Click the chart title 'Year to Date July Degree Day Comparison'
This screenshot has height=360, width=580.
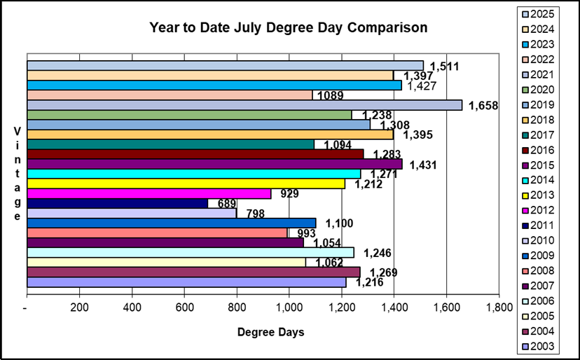click(x=288, y=28)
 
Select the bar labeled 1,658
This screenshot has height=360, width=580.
click(x=244, y=105)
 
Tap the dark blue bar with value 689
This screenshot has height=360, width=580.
click(x=117, y=203)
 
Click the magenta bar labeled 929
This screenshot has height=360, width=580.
click(x=149, y=193)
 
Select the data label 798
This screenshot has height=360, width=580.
click(x=256, y=214)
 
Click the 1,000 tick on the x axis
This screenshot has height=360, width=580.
click(x=289, y=307)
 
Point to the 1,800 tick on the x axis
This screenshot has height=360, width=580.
click(x=498, y=307)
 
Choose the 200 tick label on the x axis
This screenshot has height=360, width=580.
click(x=79, y=307)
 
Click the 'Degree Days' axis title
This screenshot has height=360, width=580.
click(x=270, y=332)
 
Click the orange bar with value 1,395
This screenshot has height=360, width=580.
click(x=210, y=134)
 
